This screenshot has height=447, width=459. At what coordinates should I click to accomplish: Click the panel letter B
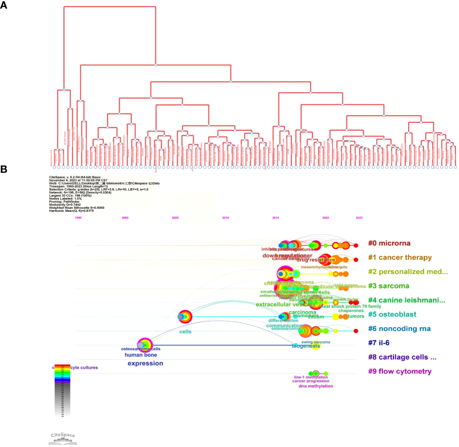click(x=4, y=169)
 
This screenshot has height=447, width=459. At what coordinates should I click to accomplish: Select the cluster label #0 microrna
click(x=389, y=243)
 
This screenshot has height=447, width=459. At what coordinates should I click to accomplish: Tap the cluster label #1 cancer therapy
click(x=400, y=257)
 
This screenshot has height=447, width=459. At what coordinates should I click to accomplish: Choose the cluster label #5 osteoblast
click(x=392, y=314)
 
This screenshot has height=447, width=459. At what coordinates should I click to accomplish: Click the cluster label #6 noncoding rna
click(x=399, y=329)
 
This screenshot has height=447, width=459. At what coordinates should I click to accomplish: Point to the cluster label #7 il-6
click(x=378, y=343)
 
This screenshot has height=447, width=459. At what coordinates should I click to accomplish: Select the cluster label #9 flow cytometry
click(x=400, y=371)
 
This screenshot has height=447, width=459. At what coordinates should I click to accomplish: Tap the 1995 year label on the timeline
click(x=78, y=218)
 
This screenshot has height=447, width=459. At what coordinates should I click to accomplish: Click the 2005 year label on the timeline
click(x=175, y=218)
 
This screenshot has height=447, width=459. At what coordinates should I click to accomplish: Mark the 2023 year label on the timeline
click(x=359, y=218)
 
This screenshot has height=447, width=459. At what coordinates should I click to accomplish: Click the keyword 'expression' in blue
click(x=145, y=363)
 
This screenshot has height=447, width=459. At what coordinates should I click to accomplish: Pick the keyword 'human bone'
click(x=141, y=355)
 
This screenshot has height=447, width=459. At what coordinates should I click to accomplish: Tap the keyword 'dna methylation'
click(x=316, y=386)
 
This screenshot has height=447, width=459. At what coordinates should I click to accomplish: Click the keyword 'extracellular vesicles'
click(x=286, y=304)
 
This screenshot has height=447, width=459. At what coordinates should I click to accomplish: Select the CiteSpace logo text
click(x=63, y=435)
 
